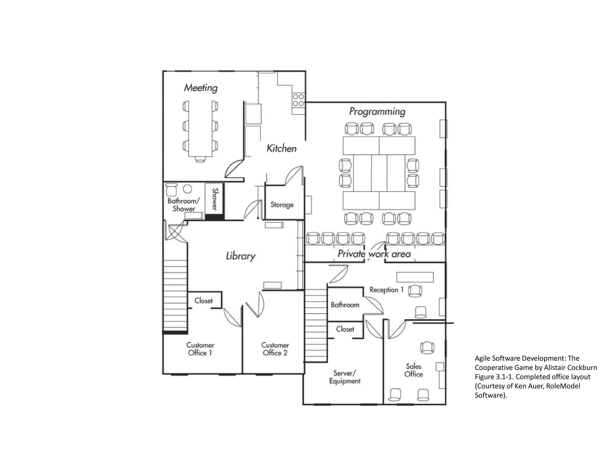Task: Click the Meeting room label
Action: [201, 88]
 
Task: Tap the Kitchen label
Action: [282, 148]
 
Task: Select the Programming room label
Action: [377, 112]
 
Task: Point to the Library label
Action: [241, 256]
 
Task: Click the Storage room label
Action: [282, 205]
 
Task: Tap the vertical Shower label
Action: [215, 199]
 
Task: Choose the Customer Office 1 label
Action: [200, 349]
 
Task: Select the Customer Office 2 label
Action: [275, 349]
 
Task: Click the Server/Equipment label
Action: [345, 377]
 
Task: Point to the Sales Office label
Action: [414, 370]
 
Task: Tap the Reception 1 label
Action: [387, 290]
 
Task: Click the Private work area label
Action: [374, 254]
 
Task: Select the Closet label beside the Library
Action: [204, 301]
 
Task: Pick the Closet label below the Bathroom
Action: [345, 329]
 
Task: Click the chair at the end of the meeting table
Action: [200, 159]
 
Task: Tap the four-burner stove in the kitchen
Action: [298, 100]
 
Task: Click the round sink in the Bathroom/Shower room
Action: [187, 189]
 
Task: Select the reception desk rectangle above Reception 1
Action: [415, 277]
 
